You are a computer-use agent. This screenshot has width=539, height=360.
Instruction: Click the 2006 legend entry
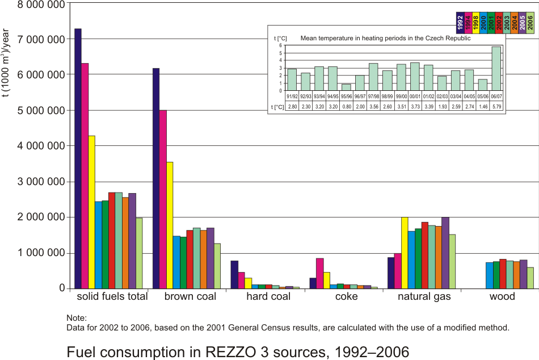coord(529,23)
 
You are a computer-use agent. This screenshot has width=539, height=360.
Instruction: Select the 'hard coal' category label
coord(266,297)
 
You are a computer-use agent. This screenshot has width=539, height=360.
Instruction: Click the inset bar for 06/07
coord(496,69)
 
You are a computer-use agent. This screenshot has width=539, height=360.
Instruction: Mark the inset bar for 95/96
coord(346,87)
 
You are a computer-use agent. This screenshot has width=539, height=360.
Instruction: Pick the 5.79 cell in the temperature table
coord(496,106)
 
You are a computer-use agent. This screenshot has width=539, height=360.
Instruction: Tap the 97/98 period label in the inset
coord(373,96)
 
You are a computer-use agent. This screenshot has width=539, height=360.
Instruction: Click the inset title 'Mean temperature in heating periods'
coord(385,39)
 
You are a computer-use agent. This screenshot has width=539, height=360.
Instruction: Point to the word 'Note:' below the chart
coord(76,318)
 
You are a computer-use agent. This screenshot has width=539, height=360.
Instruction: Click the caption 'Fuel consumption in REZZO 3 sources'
coord(238,352)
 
